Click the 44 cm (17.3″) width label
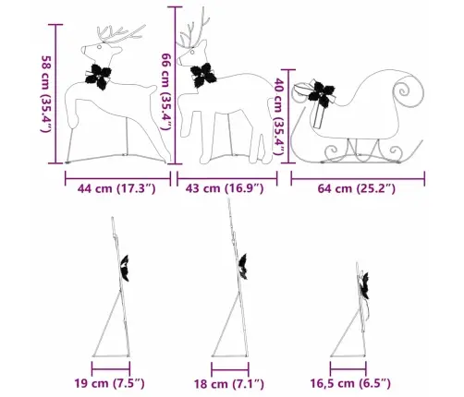pos(116,188)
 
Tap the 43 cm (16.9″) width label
pos(225,188)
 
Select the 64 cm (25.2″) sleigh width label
pos(357,188)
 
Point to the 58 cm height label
pos(45,94)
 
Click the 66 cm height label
pos(166,91)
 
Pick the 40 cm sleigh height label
pos(279,116)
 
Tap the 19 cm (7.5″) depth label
pos(109,383)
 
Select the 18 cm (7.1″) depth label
pos(228,384)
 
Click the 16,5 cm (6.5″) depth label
pos(350,383)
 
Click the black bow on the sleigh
pos(322,93)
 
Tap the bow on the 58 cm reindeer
pos(98,77)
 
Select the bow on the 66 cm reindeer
pos(203,75)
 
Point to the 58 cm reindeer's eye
pos(100,47)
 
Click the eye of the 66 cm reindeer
pos(192,52)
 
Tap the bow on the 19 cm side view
pos(125,268)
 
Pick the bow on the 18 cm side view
pos(243,267)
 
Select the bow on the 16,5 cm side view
pos(365,285)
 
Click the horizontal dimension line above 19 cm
pos(111,368)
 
